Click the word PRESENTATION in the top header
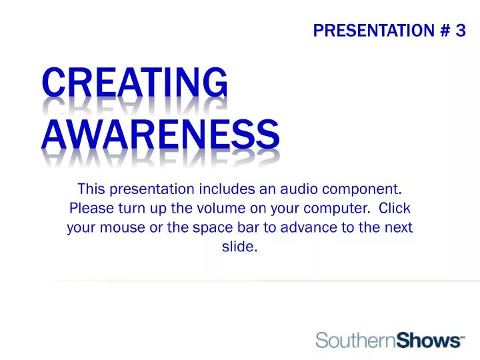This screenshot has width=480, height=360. pos(371,30)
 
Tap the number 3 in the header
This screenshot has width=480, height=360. pos(460,30)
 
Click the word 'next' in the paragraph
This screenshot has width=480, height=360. pos(398,227)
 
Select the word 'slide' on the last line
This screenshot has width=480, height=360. pos(238,247)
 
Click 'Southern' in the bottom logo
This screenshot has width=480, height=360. pos(355,341)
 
